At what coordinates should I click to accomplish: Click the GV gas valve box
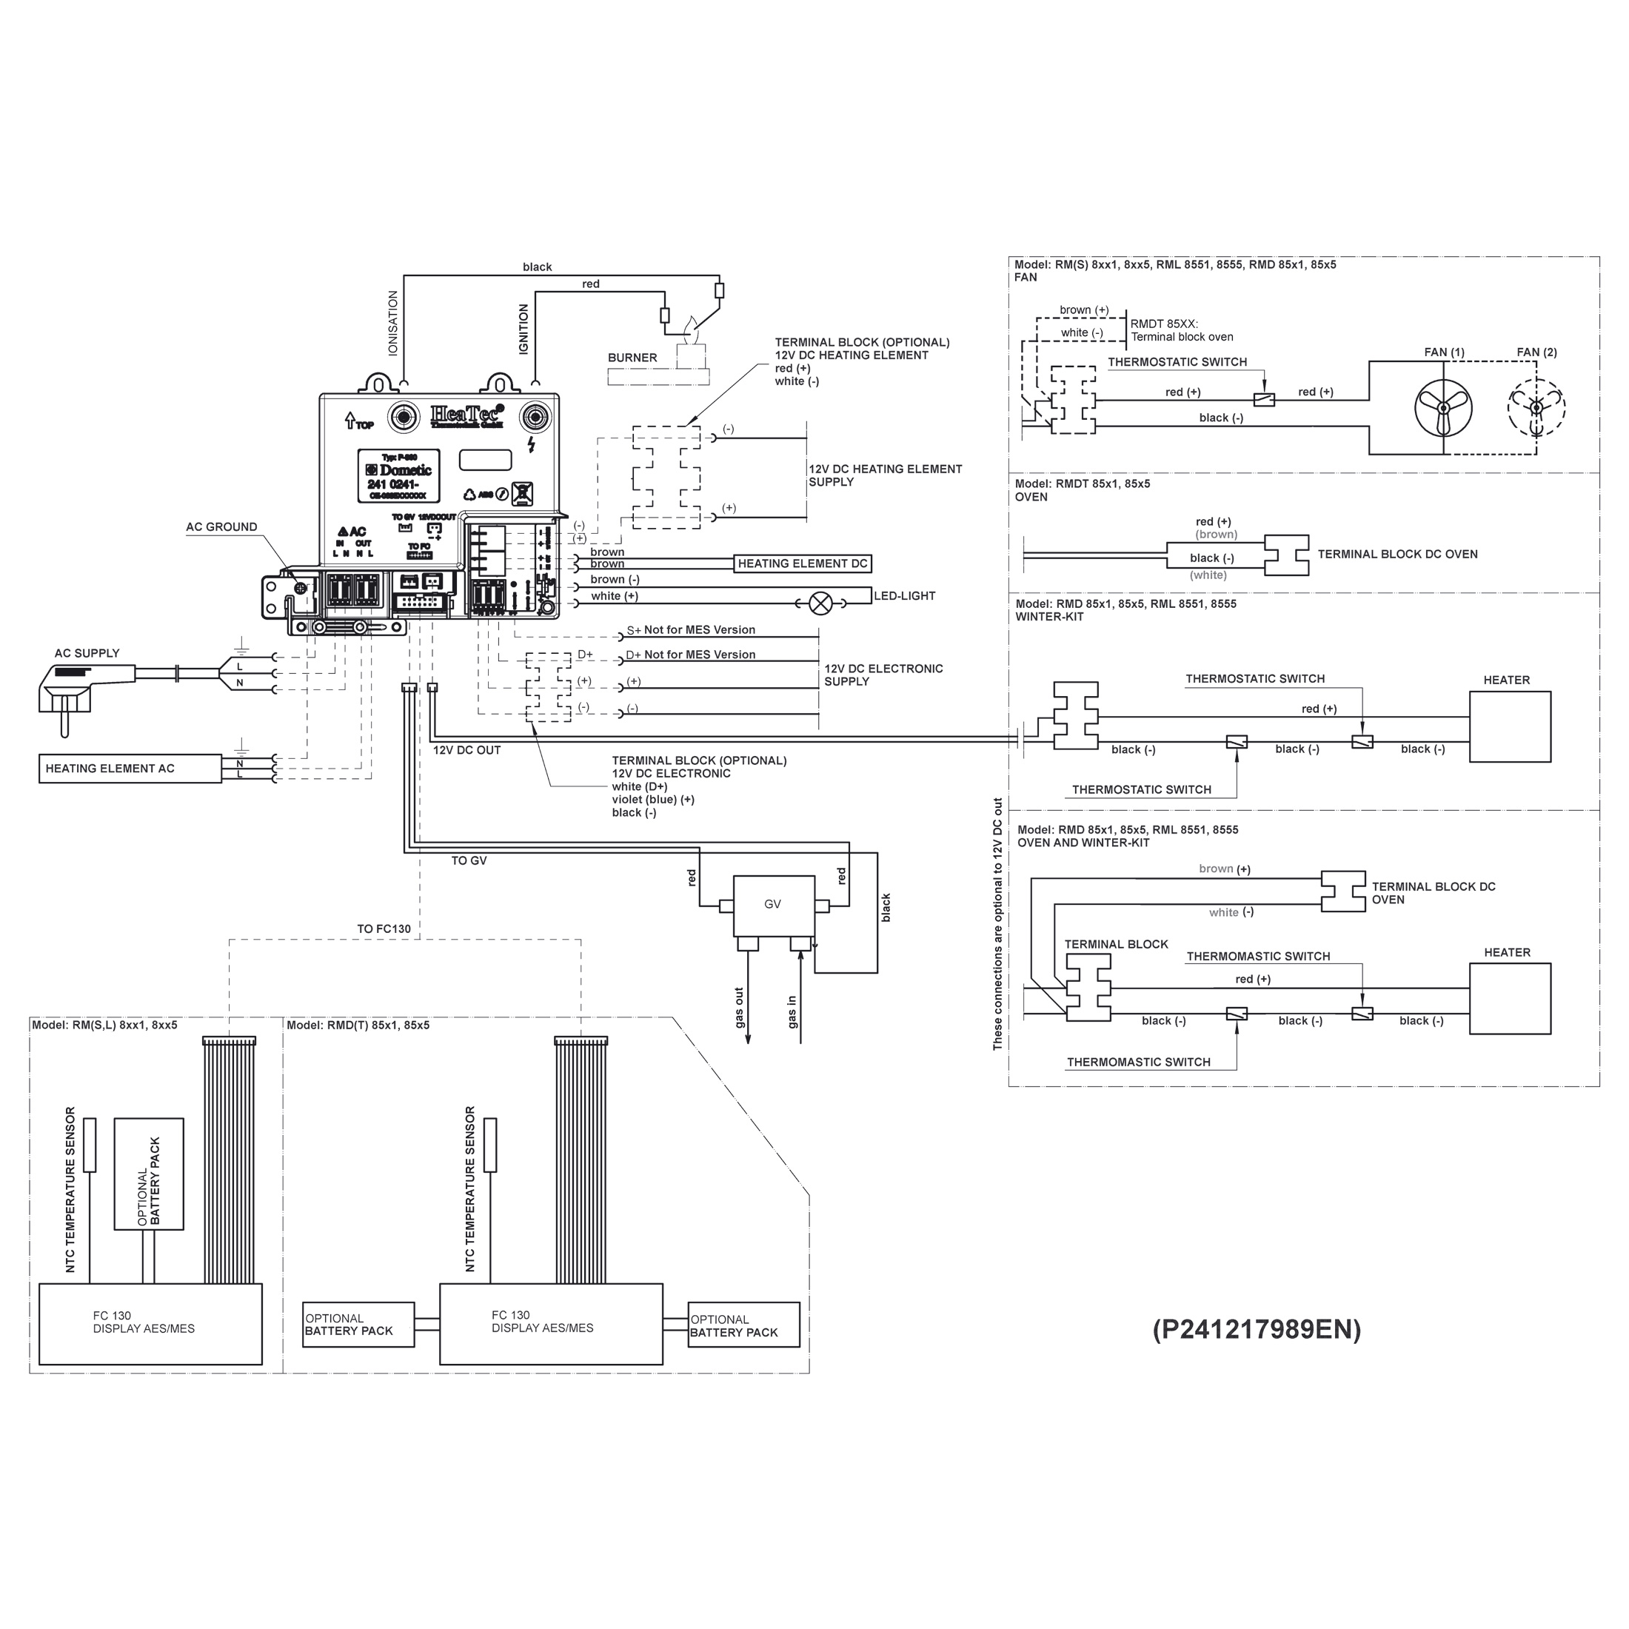(773, 905)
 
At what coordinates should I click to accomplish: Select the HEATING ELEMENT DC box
(802, 564)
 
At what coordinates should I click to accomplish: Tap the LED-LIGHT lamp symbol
(820, 603)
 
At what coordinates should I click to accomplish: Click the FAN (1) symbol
(1442, 408)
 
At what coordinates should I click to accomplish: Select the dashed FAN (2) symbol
(1536, 408)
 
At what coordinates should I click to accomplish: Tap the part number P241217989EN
(1257, 1330)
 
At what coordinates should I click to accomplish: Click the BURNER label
(632, 358)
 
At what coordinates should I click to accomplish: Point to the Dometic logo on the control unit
(400, 470)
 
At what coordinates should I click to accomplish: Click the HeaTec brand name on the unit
(467, 414)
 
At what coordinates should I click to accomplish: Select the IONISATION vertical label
(393, 323)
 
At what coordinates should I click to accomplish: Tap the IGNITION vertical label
(524, 330)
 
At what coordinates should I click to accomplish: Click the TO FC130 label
(384, 929)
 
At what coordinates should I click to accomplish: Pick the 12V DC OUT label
(466, 750)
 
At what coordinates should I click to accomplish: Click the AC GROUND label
(221, 527)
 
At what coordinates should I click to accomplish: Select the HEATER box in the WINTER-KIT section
(1509, 727)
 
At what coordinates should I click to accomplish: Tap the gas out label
(740, 1008)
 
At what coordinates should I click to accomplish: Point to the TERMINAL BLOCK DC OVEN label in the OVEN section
(1397, 555)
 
